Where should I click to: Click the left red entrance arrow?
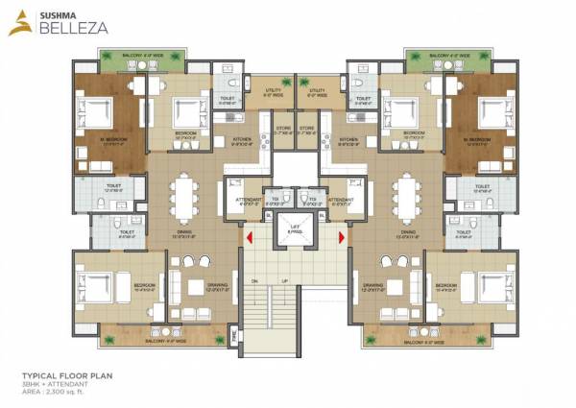(249, 236)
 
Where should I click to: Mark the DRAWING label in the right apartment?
(373, 284)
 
